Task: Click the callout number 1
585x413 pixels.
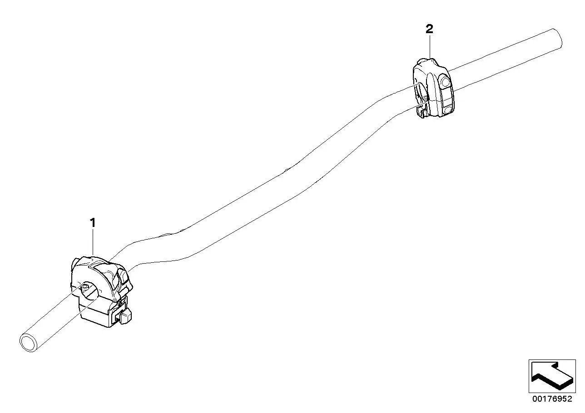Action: (93, 223)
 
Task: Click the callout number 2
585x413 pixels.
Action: (429, 29)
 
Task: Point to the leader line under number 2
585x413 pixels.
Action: (430, 47)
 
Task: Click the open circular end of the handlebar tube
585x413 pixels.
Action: (29, 342)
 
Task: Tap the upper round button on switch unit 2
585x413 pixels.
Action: (446, 81)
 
